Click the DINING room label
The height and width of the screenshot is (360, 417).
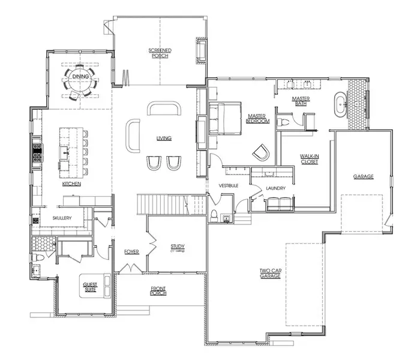pos(80,76)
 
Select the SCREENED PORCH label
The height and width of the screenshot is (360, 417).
pos(160,53)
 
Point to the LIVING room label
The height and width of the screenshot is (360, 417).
pos(164,138)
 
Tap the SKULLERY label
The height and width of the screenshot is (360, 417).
pos(62,218)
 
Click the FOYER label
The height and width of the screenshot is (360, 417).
pos(131,251)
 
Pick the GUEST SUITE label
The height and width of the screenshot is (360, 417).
pos(90,289)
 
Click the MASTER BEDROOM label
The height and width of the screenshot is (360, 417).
pos(257,118)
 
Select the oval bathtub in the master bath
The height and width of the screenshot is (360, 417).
pos(340,104)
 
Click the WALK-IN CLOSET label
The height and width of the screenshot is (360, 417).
pos(308,158)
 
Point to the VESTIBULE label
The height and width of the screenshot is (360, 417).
pos(229,185)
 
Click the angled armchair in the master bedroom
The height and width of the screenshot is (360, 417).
pos(260,152)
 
